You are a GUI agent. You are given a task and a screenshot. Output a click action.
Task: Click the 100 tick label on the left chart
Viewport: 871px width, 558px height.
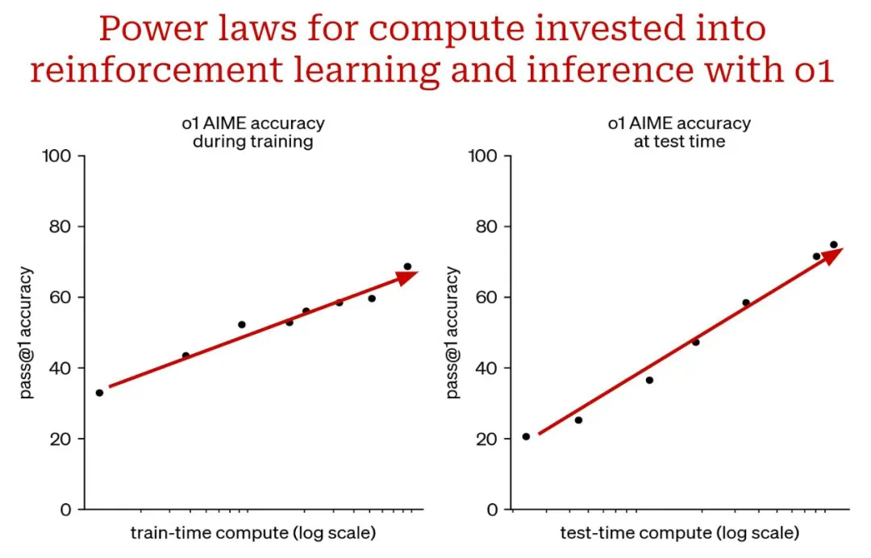pos(56,155)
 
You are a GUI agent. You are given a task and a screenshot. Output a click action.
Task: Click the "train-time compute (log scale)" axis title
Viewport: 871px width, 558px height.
pos(252,533)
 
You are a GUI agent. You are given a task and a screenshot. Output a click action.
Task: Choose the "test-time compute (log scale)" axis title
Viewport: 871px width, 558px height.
pos(679,533)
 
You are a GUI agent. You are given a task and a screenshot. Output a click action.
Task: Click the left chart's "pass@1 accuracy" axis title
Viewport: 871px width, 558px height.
pos(27,332)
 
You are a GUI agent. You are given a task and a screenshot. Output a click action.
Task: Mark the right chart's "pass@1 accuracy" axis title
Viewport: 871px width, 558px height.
pos(452,332)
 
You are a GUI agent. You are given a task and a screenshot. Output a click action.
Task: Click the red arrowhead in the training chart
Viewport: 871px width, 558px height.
pos(408,277)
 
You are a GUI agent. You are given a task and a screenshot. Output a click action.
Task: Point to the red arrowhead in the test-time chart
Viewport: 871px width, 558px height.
pos(832,255)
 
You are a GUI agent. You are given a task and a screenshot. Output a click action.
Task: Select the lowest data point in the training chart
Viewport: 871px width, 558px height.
pos(99,393)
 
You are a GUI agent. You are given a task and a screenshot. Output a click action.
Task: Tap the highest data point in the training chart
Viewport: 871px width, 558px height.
pos(407,266)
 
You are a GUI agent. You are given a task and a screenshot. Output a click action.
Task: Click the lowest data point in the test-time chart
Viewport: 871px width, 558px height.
pos(526,436)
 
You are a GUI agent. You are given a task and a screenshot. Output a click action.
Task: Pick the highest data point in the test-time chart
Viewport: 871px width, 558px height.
pos(834,244)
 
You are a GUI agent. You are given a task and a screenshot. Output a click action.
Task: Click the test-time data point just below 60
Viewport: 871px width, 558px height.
pos(746,302)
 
